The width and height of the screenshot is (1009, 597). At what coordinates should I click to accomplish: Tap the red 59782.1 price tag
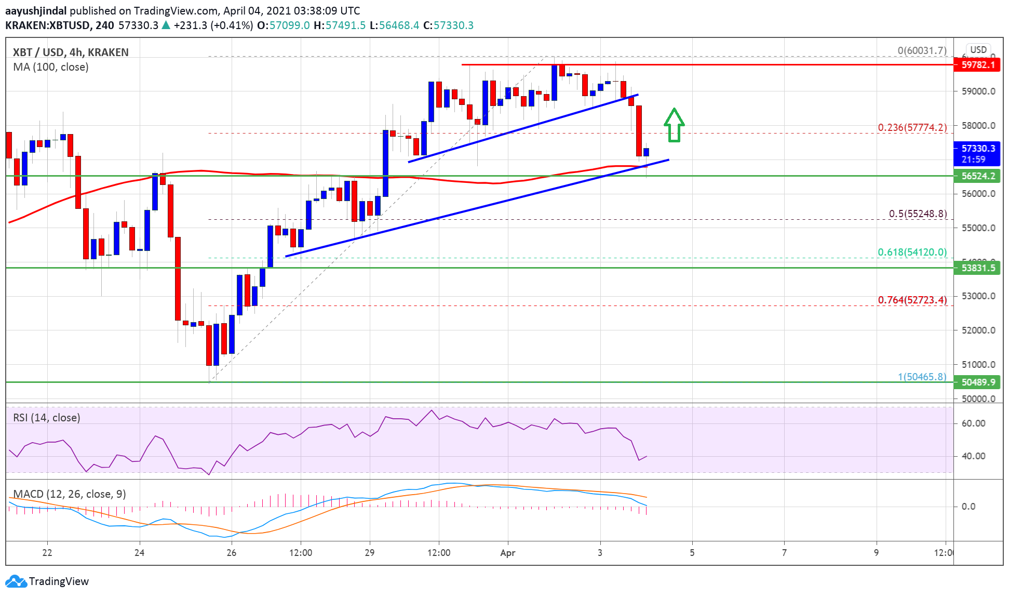click(977, 65)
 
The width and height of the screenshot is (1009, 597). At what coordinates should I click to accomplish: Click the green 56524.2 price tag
click(977, 176)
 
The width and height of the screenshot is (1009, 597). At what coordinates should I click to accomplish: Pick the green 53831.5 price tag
click(977, 268)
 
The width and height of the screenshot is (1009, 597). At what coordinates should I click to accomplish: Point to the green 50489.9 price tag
click(977, 382)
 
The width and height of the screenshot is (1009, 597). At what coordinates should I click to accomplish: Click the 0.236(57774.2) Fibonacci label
click(912, 127)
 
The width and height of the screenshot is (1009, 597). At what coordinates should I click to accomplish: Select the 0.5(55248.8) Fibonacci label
click(918, 214)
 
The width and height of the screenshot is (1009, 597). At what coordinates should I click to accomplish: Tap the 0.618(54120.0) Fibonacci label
click(912, 252)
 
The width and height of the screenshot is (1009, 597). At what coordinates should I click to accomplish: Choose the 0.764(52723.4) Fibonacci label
click(912, 300)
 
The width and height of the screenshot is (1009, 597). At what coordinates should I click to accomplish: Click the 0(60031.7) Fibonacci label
click(922, 50)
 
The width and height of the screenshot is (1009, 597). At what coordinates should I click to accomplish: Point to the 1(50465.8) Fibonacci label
click(922, 377)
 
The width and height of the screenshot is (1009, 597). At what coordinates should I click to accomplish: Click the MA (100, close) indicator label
click(51, 67)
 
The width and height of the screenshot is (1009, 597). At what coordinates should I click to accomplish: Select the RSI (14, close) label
click(47, 418)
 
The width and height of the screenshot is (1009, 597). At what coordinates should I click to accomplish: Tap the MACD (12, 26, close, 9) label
click(70, 494)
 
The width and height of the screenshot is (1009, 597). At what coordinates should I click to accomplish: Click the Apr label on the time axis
click(507, 553)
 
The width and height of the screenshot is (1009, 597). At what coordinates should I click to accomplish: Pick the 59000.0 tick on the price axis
click(978, 91)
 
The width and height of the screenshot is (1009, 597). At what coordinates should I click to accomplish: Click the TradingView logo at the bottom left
click(47, 581)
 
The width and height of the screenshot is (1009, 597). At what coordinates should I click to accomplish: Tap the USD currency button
click(978, 50)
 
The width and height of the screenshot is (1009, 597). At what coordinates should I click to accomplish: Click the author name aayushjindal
click(36, 10)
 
